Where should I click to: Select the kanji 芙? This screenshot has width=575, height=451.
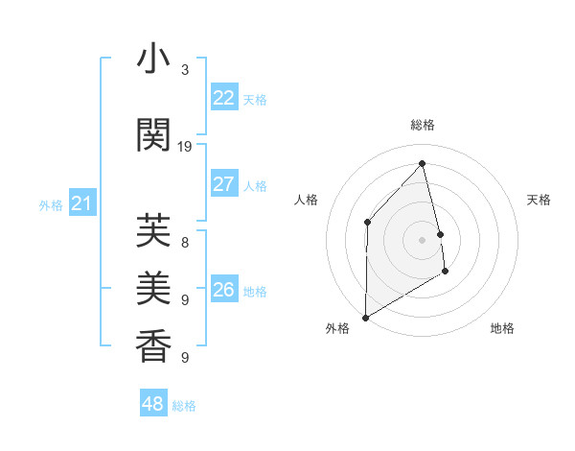tap(154, 231)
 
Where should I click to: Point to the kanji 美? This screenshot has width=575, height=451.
tap(154, 285)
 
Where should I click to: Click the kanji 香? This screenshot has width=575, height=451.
tap(154, 344)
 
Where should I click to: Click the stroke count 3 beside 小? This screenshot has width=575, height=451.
tap(185, 70)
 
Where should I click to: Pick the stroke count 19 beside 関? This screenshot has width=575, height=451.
tap(185, 147)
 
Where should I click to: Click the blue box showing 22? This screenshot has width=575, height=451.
tap(223, 98)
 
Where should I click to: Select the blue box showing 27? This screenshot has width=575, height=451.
tap(223, 184)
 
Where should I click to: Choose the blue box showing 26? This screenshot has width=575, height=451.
tap(223, 290)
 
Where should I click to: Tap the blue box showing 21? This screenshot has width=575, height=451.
tap(82, 203)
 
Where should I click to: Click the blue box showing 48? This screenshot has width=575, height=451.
tap(152, 404)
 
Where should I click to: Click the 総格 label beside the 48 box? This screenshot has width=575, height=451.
tap(184, 406)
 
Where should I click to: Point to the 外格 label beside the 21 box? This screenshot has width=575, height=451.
tap(51, 204)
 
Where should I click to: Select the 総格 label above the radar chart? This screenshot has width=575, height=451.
tap(422, 125)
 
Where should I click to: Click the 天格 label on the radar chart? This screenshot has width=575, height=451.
tap(540, 200)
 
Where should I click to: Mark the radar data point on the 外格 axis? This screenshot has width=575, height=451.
tap(365, 317)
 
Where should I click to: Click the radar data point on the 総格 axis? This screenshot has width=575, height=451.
tap(422, 163)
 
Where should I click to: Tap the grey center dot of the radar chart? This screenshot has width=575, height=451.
tap(422, 239)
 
